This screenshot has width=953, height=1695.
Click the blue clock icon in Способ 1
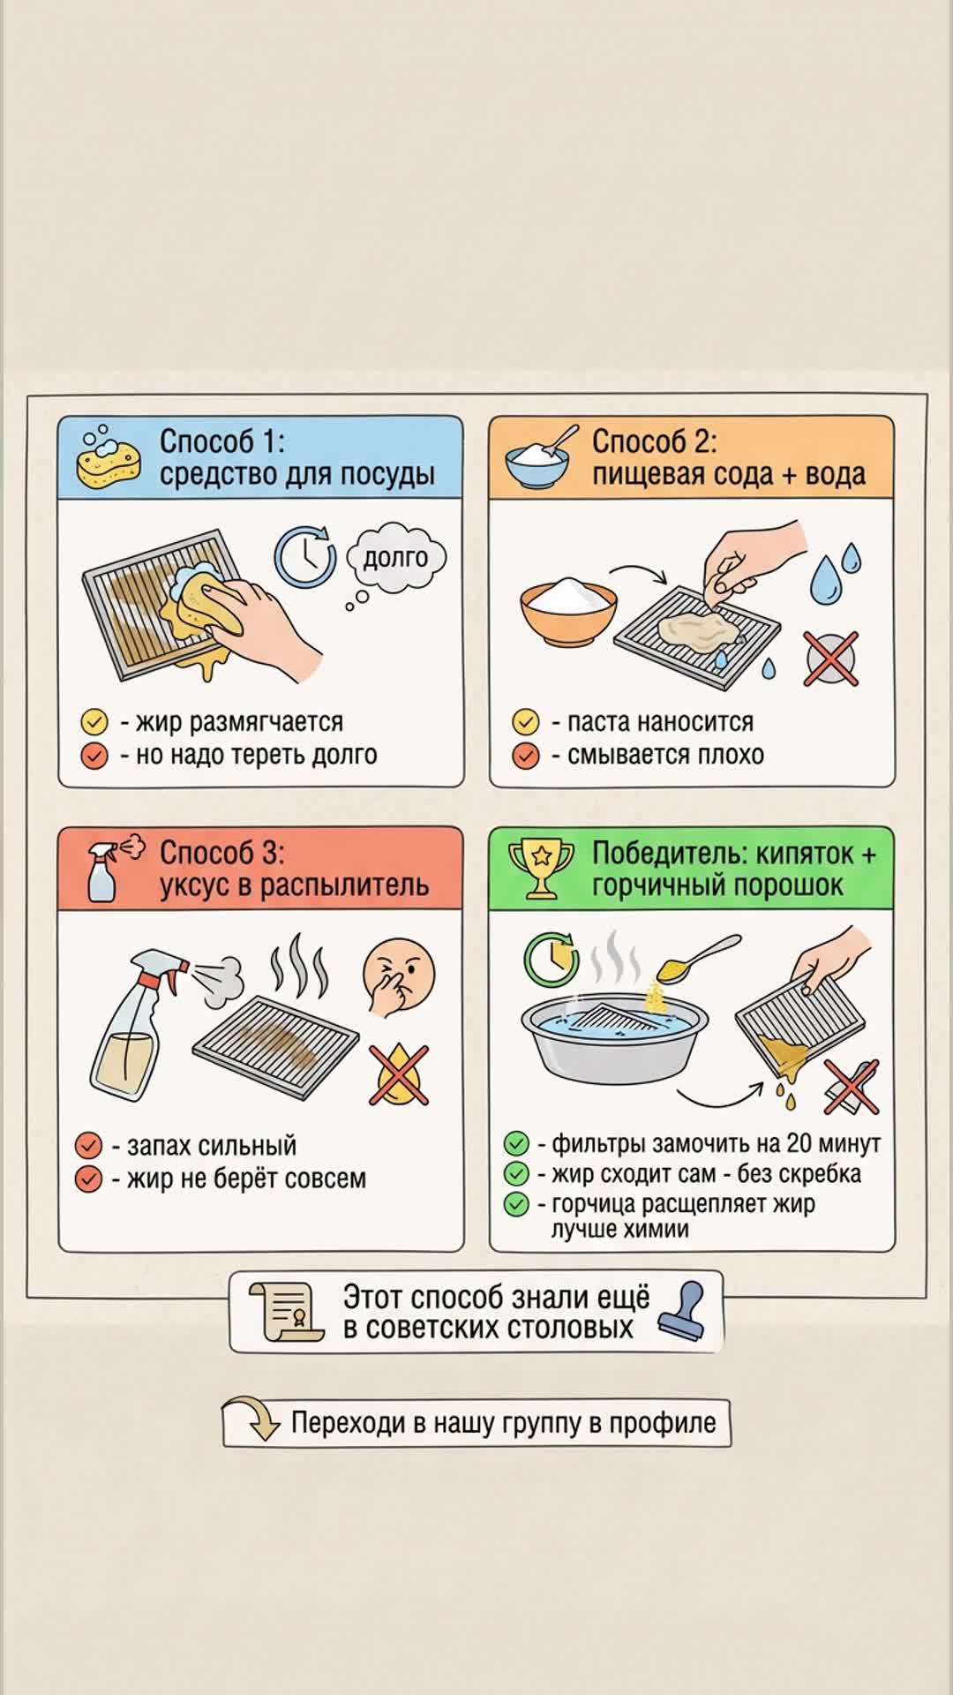coord(304,556)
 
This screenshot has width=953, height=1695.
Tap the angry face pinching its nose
coord(398,977)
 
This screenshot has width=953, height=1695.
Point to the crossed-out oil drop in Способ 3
coord(399,1074)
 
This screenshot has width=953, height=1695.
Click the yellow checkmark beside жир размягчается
coord(94,722)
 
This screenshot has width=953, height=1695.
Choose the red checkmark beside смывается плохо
coord(526,756)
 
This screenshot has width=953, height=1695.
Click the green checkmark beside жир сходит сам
coord(516,1174)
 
